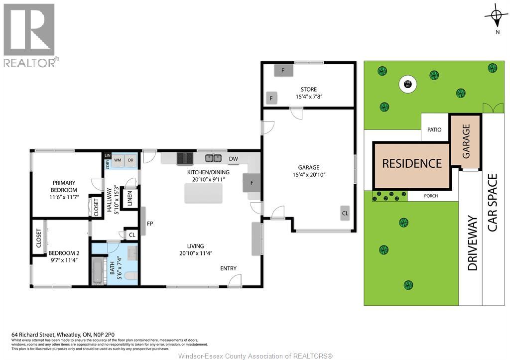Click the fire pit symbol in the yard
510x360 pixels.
(x=407, y=84)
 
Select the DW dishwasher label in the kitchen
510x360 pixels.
(x=233, y=159)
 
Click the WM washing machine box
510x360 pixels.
(x=118, y=160)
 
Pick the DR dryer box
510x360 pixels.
(x=130, y=160)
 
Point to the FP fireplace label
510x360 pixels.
(x=149, y=224)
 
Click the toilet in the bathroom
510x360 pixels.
(x=131, y=275)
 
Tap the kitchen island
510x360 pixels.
(x=203, y=193)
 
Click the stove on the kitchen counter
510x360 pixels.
(x=185, y=158)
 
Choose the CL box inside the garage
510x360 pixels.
(x=345, y=213)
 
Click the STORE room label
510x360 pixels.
(x=308, y=90)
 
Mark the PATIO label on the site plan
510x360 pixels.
(x=434, y=129)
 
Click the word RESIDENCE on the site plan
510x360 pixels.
(x=412, y=163)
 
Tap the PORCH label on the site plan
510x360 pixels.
(x=431, y=196)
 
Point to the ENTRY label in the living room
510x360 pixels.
(x=228, y=268)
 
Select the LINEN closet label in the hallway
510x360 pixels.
(x=129, y=197)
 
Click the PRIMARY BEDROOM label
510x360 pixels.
(x=64, y=186)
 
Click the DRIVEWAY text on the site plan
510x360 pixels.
(x=472, y=243)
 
